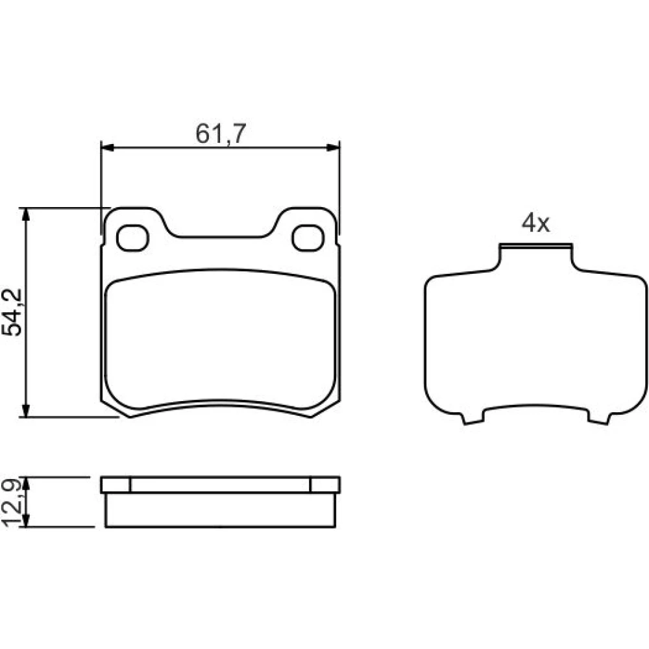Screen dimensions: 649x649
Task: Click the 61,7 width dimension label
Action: coord(221,134)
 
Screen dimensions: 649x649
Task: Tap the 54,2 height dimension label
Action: coord(12,313)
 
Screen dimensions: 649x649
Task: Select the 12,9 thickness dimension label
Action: coord(12,503)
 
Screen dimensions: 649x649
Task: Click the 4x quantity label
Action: coord(535,223)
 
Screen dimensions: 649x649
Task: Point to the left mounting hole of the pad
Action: coord(132,238)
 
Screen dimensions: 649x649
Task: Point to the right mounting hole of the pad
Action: coord(308,238)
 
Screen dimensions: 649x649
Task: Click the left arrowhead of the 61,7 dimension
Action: coord(108,148)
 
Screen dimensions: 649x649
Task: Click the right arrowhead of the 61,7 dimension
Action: coord(333,148)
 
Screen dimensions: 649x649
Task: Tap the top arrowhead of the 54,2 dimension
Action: coord(26,214)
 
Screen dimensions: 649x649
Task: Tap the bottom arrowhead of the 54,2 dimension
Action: coord(26,410)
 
